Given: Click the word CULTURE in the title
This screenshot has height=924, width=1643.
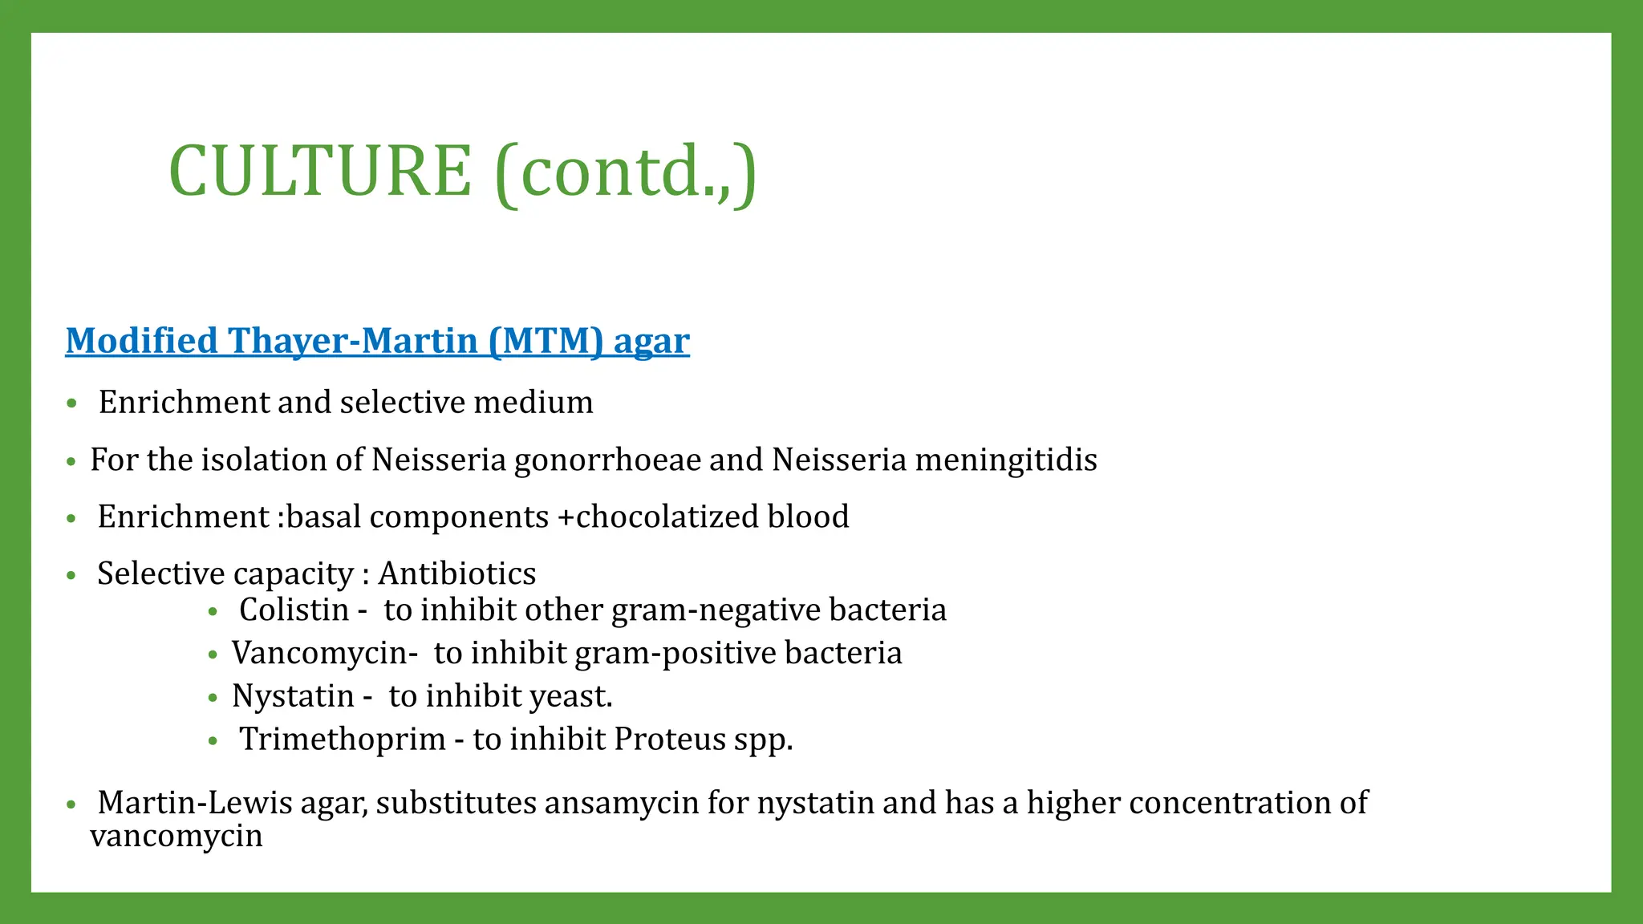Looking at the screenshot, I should click(320, 171).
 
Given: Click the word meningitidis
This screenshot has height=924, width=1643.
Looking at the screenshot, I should click(1006, 460).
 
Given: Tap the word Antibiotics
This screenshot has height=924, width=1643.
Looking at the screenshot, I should click(457, 574).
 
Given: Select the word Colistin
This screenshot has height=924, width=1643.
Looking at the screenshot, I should click(294, 610).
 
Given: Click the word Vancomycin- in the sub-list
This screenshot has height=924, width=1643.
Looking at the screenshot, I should click(325, 654).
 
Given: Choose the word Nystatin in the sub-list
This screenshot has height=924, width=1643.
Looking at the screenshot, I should click(293, 696).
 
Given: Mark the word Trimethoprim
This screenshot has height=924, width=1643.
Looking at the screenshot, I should click(343, 740).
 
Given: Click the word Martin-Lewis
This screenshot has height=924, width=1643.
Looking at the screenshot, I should click(195, 803).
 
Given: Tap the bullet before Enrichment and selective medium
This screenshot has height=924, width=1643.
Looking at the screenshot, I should click(72, 403).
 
